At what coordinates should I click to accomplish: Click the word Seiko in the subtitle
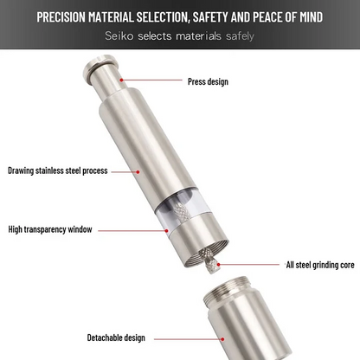pyautogui.click(x=119, y=35)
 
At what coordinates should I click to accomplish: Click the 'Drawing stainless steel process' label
pyautogui.click(x=58, y=170)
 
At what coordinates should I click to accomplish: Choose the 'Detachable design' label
pyautogui.click(x=116, y=337)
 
